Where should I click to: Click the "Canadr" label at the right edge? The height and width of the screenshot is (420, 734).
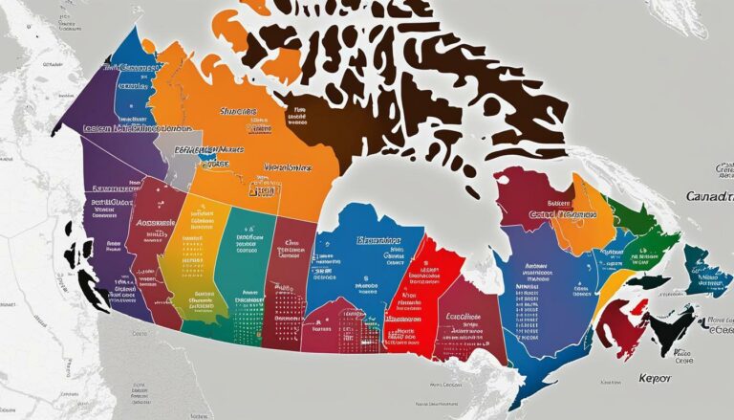click(710, 195)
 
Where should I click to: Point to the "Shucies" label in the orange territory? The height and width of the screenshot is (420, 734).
click(238, 111)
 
